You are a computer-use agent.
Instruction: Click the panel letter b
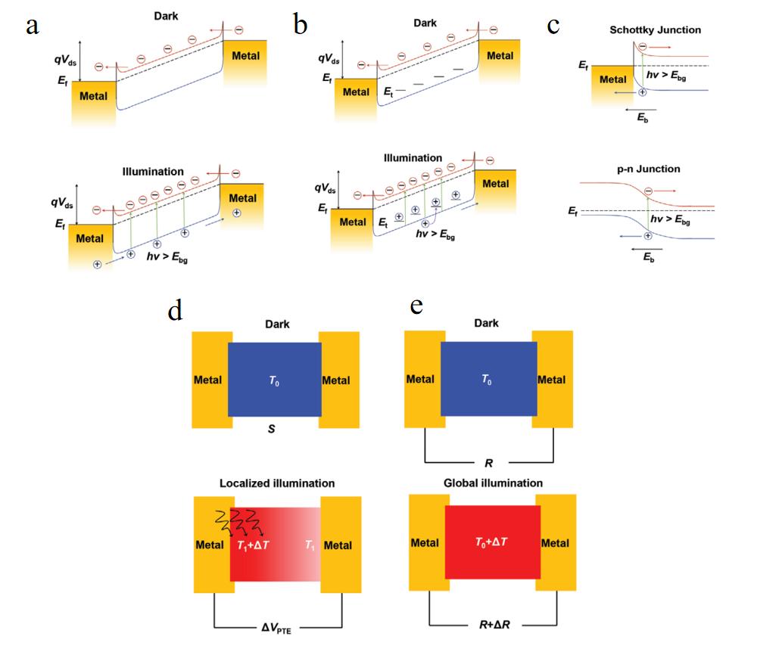pyautogui.click(x=300, y=24)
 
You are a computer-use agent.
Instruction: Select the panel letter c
pyautogui.click(x=553, y=26)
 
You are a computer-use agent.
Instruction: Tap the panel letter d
pyautogui.click(x=176, y=310)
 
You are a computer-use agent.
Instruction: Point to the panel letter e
pyautogui.click(x=416, y=306)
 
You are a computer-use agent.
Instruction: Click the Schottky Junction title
pyautogui.click(x=656, y=29)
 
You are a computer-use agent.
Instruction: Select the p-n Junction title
pyautogui.click(x=648, y=169)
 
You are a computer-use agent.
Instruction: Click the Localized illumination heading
pyautogui.click(x=277, y=483)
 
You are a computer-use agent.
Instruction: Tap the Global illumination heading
pyautogui.click(x=493, y=483)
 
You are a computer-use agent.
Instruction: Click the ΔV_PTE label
pyautogui.click(x=276, y=628)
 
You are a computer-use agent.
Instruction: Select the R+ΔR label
pyautogui.click(x=494, y=625)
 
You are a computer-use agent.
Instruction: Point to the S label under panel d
pyautogui.click(x=271, y=429)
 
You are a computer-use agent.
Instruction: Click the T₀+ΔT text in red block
pyautogui.click(x=491, y=542)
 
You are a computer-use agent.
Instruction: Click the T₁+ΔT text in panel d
pyautogui.click(x=253, y=545)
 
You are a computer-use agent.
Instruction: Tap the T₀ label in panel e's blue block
pyautogui.click(x=486, y=380)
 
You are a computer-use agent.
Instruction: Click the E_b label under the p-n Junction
pyautogui.click(x=649, y=257)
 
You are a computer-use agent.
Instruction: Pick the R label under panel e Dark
pyautogui.click(x=489, y=463)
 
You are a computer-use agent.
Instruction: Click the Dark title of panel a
pyautogui.click(x=166, y=16)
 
